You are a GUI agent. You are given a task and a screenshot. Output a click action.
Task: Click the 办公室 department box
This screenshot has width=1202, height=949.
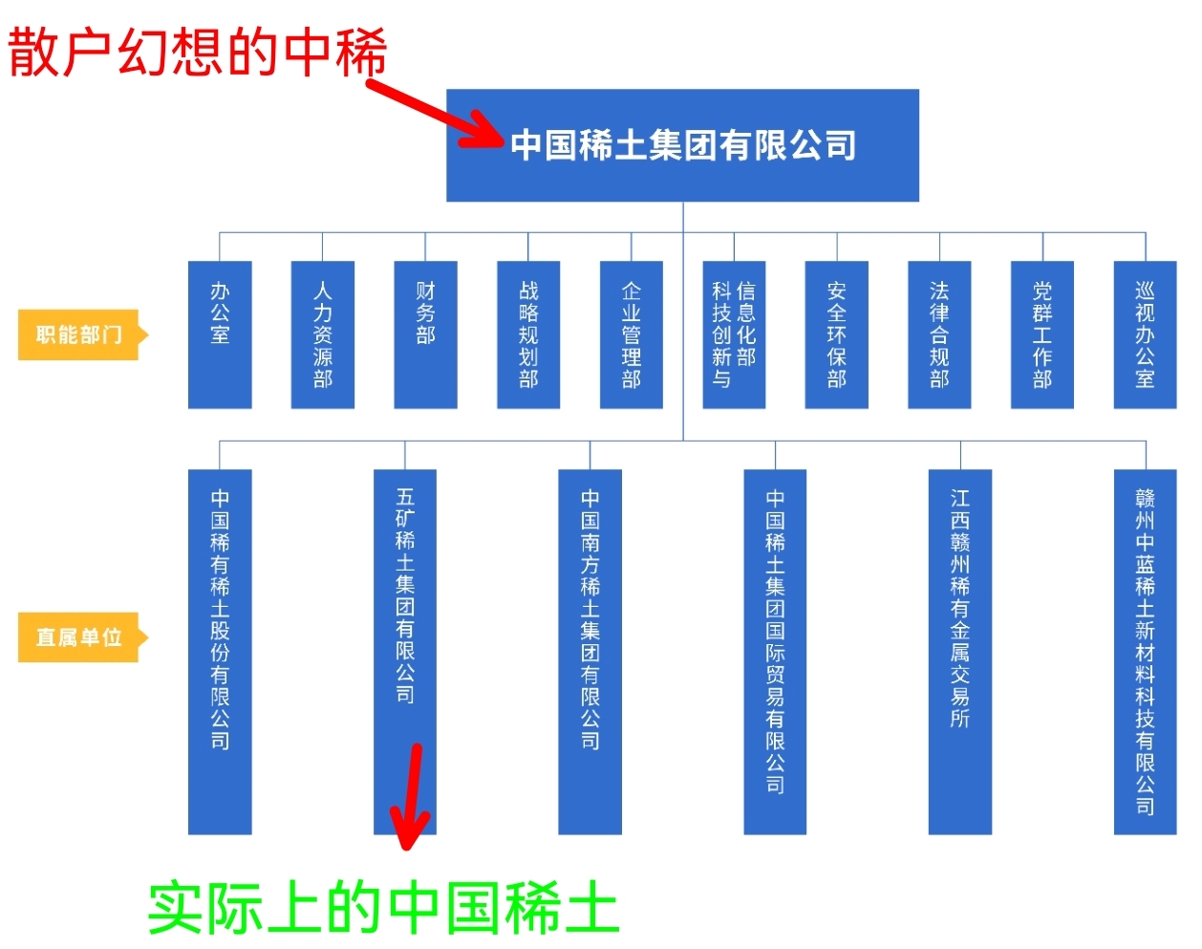[220, 334]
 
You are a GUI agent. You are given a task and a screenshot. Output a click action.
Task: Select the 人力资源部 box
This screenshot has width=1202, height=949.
[322, 334]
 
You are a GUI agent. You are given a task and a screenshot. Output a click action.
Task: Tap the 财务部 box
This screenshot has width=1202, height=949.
[425, 334]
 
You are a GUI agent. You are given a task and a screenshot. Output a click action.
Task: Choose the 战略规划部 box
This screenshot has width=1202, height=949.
[528, 334]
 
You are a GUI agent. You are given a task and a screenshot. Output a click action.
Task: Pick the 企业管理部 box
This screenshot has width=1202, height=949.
[632, 334]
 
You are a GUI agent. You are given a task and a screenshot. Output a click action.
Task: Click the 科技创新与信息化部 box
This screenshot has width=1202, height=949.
[734, 334]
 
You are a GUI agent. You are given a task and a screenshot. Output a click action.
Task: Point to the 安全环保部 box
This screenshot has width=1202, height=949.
[837, 334]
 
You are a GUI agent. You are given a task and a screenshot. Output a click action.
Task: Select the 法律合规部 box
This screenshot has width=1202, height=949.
[939, 334]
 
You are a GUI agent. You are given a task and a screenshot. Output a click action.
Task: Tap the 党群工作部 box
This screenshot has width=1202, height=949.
[1042, 334]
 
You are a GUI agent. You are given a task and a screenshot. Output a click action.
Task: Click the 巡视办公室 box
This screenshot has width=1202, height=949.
[1145, 334]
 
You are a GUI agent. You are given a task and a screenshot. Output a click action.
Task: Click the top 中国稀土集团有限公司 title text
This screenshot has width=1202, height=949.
[683, 144]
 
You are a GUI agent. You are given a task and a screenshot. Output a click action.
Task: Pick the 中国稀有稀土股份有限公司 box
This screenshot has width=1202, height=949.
[220, 652]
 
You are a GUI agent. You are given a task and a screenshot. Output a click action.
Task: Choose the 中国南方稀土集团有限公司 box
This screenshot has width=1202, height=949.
[590, 652]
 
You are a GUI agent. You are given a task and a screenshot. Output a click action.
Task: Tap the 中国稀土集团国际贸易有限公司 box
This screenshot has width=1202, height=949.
[775, 652]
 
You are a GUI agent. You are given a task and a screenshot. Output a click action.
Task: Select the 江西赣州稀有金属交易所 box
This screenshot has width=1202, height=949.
[960, 652]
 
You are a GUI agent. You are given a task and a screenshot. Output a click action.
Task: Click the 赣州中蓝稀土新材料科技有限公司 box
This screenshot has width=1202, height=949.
[1145, 652]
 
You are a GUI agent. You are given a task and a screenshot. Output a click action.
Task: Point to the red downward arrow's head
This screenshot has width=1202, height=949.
[408, 830]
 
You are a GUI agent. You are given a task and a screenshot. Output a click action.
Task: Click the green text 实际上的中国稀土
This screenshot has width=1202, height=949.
[384, 907]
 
